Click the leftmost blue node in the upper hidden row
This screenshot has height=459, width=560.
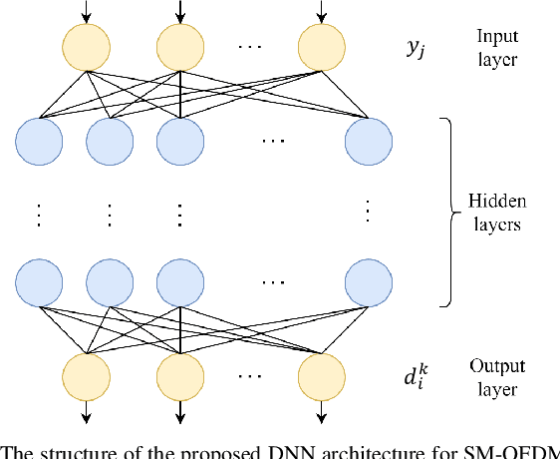(40, 143)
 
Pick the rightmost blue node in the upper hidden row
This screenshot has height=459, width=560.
(368, 143)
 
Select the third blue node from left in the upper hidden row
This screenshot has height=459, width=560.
(180, 143)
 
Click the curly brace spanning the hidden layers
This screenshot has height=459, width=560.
(450, 212)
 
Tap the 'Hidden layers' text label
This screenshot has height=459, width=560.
(495, 213)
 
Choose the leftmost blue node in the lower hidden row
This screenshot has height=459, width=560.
(40, 282)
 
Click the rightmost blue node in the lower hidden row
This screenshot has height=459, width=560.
(368, 282)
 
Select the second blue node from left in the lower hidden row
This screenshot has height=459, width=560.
(111, 282)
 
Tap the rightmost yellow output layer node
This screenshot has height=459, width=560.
(321, 375)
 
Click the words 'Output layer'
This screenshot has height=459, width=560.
(494, 376)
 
